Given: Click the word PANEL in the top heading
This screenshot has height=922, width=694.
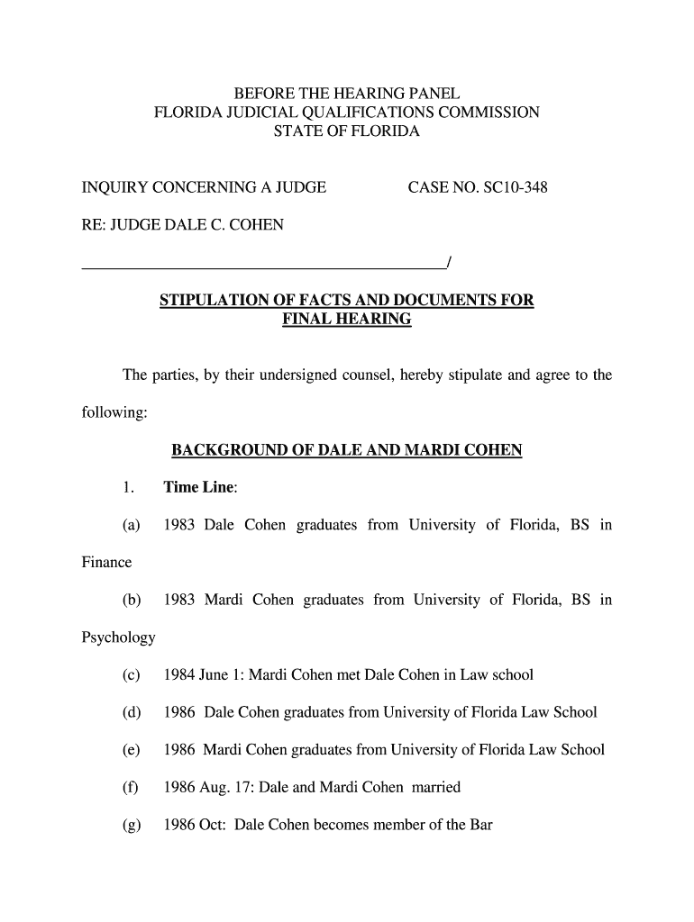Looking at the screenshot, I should [x=429, y=94].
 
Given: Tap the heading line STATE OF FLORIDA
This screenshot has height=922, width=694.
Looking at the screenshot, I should [x=347, y=131].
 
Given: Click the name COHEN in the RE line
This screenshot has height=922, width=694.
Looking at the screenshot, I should [x=255, y=225].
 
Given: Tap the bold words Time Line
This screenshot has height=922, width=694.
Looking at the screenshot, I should [x=198, y=488].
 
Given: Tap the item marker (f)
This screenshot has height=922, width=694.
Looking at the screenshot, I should [x=131, y=787].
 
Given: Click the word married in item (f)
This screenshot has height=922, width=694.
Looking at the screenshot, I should [x=435, y=787].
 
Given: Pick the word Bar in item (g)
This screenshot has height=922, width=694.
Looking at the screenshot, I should [x=479, y=825].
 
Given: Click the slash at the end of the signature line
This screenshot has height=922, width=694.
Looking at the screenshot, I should [x=448, y=263].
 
